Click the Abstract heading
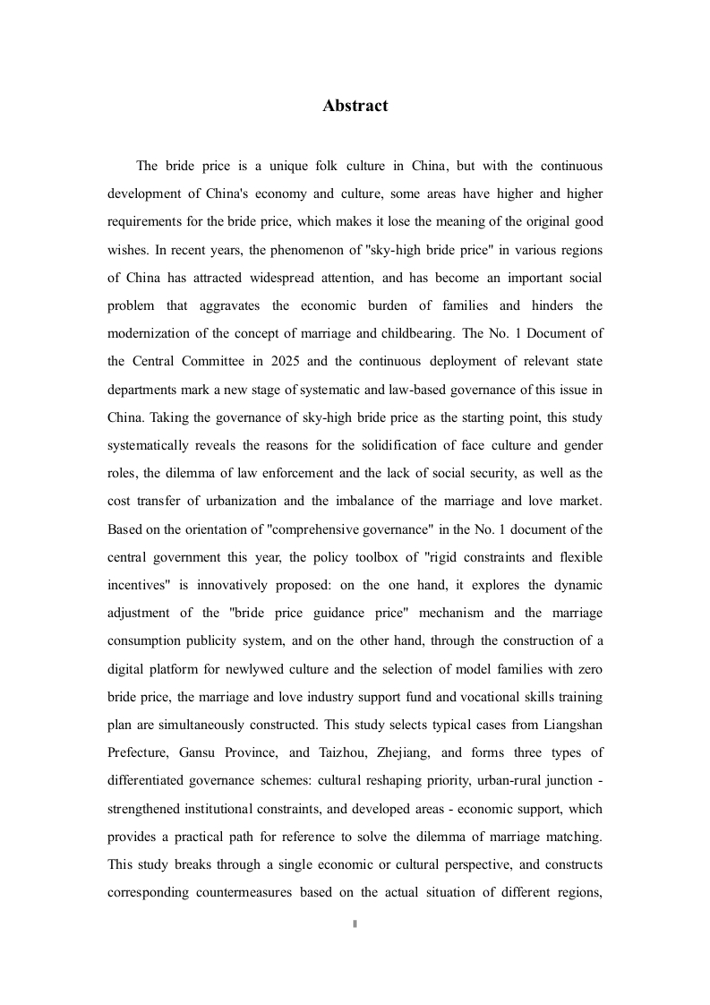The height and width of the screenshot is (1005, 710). (355, 106)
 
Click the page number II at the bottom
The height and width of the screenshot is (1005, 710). (355, 923)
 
